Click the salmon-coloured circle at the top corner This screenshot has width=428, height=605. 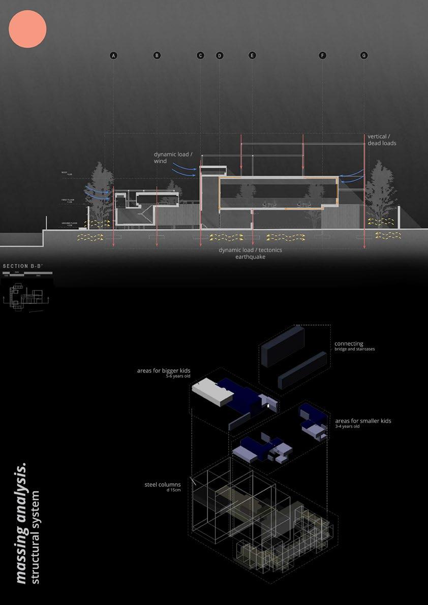(x=28, y=29)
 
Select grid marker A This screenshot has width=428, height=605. (x=113, y=55)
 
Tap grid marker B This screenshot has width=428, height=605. (x=157, y=55)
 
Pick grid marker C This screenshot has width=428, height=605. (x=200, y=55)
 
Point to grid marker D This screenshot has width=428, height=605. (x=220, y=55)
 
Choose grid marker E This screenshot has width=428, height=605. (x=252, y=55)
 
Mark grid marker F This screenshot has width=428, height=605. (x=322, y=55)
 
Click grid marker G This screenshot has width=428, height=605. (x=363, y=55)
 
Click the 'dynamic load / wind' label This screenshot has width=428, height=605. (x=173, y=157)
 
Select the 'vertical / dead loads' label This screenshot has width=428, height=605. (x=382, y=140)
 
